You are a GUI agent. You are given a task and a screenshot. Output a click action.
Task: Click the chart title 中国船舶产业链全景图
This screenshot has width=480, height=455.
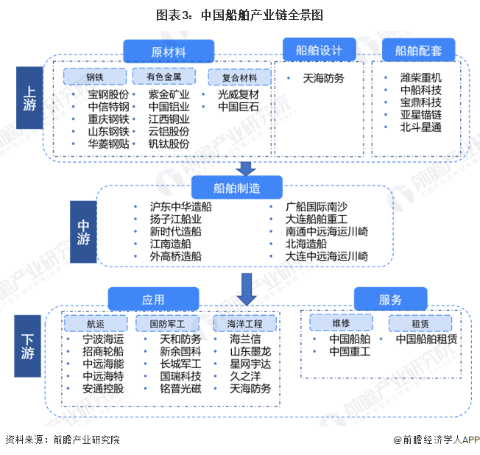click(239, 15)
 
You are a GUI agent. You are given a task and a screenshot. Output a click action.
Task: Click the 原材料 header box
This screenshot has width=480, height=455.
click(169, 52)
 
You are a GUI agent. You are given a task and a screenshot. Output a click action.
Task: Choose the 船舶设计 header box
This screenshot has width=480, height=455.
click(319, 51)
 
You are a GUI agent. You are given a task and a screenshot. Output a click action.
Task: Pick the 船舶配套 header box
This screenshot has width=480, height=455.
click(419, 51)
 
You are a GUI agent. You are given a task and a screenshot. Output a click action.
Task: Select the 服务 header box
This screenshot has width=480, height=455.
click(391, 300)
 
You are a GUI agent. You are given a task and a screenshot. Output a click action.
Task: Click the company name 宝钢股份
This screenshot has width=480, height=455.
click(108, 94)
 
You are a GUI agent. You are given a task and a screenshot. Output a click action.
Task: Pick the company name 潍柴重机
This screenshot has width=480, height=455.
click(420, 77)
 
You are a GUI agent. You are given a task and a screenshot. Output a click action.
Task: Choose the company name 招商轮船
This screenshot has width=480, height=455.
click(103, 351)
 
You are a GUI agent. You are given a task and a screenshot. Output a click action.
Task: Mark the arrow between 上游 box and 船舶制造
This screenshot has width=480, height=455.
click(247, 168)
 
